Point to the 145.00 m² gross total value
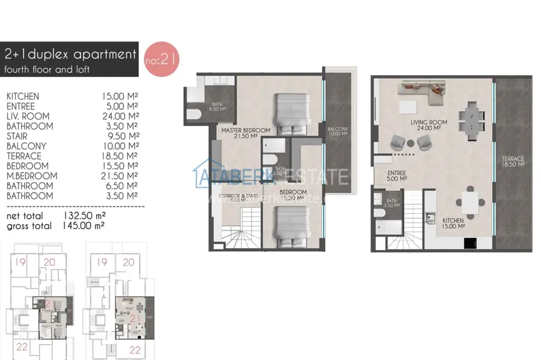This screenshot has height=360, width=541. tap(84, 225)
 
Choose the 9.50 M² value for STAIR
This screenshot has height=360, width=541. tap(120, 136)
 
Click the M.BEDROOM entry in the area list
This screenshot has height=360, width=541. tap(27, 176)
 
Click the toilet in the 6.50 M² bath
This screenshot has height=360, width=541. tap(195, 113)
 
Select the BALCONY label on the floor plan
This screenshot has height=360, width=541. tap(337, 129)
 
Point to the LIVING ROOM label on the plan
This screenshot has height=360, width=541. tap(428, 122)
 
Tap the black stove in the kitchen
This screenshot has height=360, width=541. tap(472, 243)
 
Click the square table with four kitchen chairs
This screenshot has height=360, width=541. tap(470, 203)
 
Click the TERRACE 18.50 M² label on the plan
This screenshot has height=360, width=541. tap(512, 161)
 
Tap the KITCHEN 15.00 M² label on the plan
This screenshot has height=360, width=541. tap(454, 224)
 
